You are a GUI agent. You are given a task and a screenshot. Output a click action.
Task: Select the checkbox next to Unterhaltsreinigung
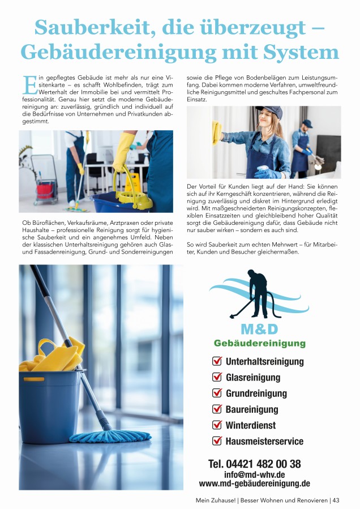click(217, 361)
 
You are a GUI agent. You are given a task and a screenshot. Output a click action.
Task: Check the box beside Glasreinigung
click(217, 377)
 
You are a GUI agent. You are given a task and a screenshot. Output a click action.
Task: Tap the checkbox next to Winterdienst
click(217, 425)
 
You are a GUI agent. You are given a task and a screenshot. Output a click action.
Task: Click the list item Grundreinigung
click(256, 393)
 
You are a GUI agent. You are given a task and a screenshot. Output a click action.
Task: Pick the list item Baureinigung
click(252, 409)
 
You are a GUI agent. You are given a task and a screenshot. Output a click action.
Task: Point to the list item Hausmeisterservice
click(264, 440)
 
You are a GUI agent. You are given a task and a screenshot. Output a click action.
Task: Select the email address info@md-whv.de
click(254, 474)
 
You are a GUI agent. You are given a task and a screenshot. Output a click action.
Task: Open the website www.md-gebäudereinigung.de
click(254, 484)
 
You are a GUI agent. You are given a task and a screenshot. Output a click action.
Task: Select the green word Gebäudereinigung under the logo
click(259, 343)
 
